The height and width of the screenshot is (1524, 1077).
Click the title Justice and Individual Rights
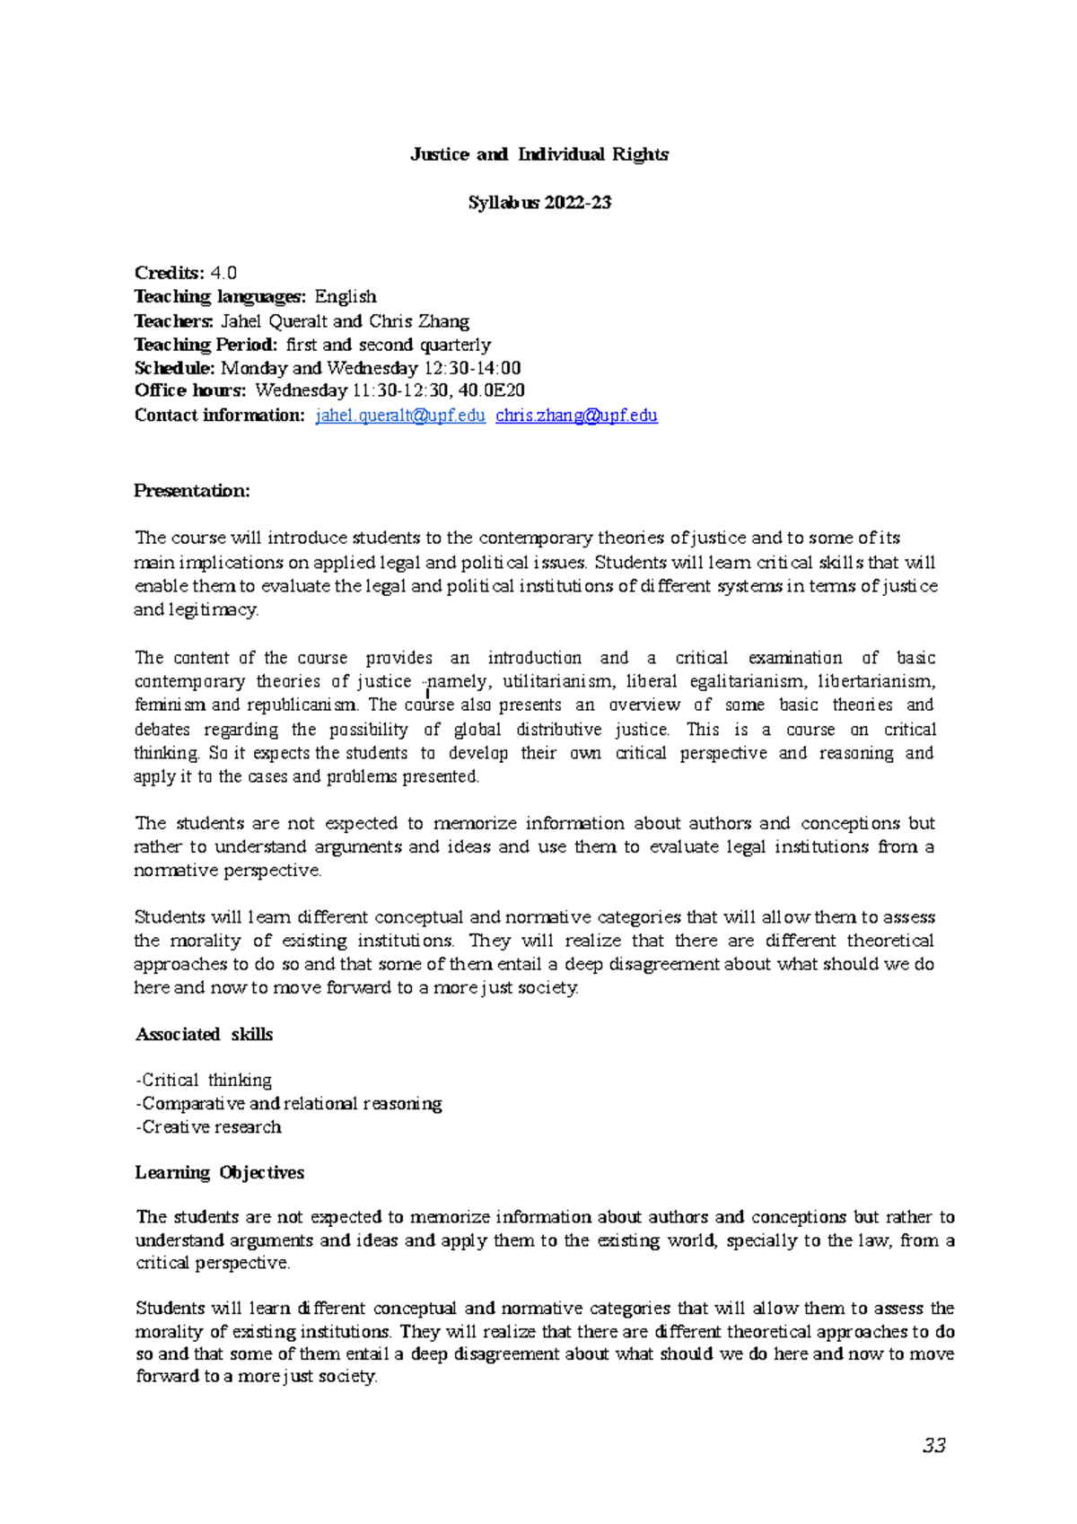(538, 154)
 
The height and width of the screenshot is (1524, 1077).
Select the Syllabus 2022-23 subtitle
(538, 203)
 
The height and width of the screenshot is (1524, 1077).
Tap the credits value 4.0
(223, 273)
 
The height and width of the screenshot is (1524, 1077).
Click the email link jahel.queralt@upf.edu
(400, 416)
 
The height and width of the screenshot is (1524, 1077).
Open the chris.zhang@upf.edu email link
(576, 416)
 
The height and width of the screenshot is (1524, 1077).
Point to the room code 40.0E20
(492, 390)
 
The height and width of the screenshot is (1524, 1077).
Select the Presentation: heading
(191, 491)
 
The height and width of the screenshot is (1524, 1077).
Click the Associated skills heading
(204, 1034)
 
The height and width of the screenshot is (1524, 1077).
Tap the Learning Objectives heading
(219, 1172)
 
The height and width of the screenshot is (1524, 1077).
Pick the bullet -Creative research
(208, 1126)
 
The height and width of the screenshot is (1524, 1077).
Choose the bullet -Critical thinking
(204, 1080)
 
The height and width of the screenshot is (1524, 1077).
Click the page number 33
(933, 1446)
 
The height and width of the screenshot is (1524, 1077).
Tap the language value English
(346, 297)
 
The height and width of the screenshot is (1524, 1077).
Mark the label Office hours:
(189, 390)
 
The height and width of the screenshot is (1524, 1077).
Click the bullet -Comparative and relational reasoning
(288, 1103)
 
